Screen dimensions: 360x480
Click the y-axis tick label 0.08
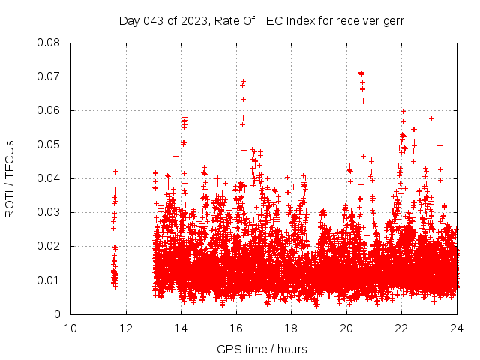click(49, 43)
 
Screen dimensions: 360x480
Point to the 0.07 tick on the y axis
click(49, 76)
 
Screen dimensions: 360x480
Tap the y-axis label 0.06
click(49, 110)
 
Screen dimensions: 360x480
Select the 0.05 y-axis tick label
click(49, 144)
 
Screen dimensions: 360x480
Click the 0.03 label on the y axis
click(49, 212)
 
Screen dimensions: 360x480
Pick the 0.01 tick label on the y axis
click(49, 280)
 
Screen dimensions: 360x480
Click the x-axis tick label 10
click(70, 328)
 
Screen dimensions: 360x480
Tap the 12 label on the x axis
click(126, 328)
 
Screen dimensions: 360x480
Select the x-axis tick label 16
click(236, 328)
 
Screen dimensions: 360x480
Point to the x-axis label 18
click(292, 328)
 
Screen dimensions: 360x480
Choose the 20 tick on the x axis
click(346, 328)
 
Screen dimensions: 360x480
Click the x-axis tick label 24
click(457, 328)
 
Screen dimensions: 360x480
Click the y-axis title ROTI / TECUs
click(10, 178)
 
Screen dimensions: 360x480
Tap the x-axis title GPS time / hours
click(262, 349)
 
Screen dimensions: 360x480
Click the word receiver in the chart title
click(356, 20)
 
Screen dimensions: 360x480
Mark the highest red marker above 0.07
click(361, 72)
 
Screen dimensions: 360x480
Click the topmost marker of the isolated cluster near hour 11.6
click(115, 172)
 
